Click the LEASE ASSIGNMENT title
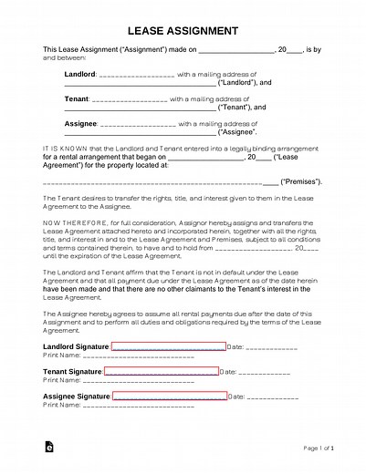(183, 28)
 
